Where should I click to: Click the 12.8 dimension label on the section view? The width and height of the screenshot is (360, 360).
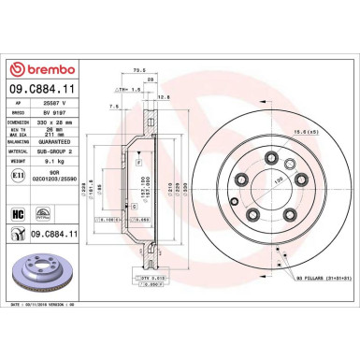click(x=165, y=96)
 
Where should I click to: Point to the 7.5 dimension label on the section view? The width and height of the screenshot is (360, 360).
click(x=114, y=107)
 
